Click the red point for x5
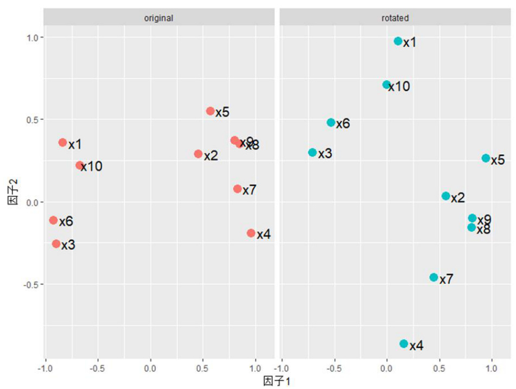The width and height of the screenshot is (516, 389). coord(211,111)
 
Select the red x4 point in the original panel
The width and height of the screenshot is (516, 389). coord(251,233)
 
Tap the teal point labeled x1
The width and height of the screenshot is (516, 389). coord(398,41)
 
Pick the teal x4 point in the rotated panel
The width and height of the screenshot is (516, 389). coord(404,344)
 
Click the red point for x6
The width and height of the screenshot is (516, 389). coord(53,220)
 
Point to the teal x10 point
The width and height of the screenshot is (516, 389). coord(386,85)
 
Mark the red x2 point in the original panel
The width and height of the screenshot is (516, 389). coord(198,154)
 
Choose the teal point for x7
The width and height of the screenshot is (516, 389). coord(434,277)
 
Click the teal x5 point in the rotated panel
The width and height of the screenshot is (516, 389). coord(486,158)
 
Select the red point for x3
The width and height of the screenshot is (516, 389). coord(56,244)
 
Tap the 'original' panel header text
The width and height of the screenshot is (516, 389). coord(158,18)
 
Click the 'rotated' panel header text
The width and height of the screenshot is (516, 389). coord(395,18)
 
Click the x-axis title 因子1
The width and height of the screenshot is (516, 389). coord(277,381)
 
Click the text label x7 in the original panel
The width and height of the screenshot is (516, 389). coord(250,190)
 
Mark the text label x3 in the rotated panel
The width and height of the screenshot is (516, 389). coord(325,154)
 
